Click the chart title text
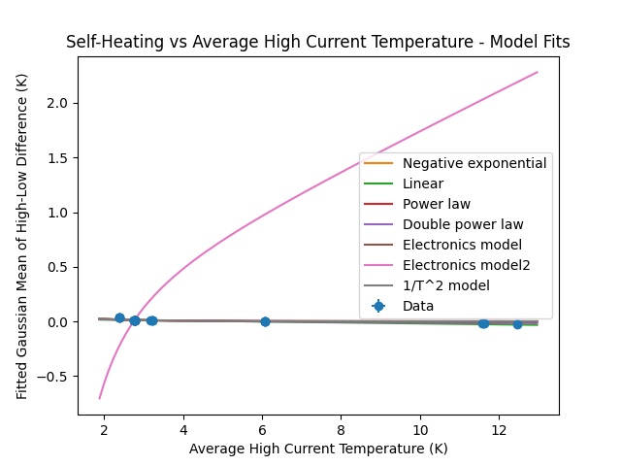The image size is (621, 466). click(318, 42)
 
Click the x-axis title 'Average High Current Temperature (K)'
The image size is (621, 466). click(318, 449)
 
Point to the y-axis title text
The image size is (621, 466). click(21, 236)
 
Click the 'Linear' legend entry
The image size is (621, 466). click(423, 183)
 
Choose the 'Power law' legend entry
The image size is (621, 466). click(437, 204)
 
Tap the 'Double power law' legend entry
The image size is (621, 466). click(449, 224)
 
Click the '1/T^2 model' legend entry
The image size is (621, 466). click(445, 285)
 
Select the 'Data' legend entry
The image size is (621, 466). click(418, 306)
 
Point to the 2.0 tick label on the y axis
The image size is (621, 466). click(56, 103)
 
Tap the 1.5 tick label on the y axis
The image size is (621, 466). click(56, 158)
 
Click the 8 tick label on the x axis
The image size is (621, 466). click(341, 429)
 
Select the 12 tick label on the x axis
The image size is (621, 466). click(499, 429)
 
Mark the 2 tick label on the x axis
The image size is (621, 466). click(104, 429)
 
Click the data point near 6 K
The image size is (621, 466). click(265, 321)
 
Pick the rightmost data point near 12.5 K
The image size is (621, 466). click(517, 324)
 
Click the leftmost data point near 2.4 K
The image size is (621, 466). click(119, 317)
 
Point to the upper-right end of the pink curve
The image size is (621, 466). click(537, 72)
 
